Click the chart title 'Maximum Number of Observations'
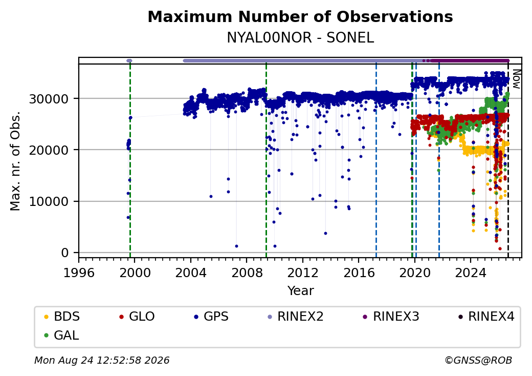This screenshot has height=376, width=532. [300, 16]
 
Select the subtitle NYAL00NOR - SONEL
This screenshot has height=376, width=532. [300, 37]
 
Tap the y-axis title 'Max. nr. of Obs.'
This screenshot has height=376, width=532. [15, 161]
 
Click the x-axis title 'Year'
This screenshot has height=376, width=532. [301, 291]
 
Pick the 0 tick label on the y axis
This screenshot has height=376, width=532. [65, 253]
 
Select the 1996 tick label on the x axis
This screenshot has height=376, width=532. [79, 273]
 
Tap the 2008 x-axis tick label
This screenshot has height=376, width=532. [247, 273]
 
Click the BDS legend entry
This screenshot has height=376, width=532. [62, 317]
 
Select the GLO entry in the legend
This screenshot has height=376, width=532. [137, 317]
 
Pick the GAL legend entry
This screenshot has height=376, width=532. [62, 336]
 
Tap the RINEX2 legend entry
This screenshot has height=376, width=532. [296, 317]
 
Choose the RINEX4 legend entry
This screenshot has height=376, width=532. [486, 317]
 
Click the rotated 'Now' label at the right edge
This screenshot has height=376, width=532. [516, 79]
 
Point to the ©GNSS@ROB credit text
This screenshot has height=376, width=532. [478, 360]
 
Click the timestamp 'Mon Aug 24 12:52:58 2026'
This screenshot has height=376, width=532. [102, 360]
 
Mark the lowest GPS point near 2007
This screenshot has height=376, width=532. [236, 246]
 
